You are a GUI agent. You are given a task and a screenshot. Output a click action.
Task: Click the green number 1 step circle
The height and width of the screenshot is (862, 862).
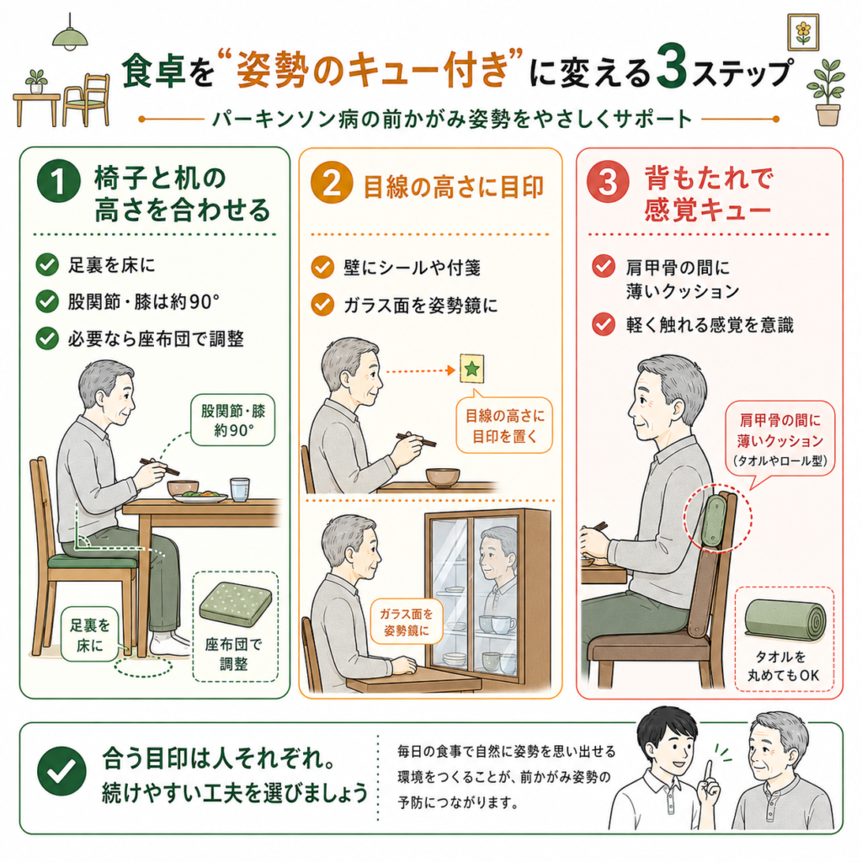[x=59, y=181]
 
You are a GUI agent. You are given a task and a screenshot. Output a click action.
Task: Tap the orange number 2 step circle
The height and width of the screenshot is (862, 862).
[x=332, y=182]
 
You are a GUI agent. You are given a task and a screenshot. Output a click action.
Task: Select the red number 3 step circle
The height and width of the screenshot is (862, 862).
[x=608, y=181]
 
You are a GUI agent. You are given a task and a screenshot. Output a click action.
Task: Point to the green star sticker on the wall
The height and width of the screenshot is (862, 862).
[x=471, y=369]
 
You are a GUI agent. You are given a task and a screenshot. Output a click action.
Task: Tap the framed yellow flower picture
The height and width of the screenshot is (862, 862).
[x=803, y=32]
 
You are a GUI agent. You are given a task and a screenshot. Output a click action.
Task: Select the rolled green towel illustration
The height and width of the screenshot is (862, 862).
[x=785, y=620]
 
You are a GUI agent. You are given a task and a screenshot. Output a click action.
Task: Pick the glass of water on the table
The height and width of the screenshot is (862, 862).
[x=240, y=489]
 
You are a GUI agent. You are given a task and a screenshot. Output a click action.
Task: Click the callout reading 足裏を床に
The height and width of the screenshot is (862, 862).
[x=89, y=634]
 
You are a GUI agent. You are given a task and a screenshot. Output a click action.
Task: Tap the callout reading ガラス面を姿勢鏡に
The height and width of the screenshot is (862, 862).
[x=407, y=621]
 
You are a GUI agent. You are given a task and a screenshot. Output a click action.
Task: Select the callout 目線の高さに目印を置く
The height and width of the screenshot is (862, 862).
[x=504, y=425]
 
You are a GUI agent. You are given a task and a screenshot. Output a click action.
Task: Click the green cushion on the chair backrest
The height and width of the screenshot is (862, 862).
[x=714, y=521]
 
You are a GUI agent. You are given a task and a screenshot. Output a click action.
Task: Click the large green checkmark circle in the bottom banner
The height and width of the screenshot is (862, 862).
[x=61, y=771]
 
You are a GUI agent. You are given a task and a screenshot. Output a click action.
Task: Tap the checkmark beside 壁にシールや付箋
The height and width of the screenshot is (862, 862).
[x=322, y=268]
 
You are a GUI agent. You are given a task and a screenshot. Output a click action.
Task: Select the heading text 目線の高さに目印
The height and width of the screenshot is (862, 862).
[x=453, y=187]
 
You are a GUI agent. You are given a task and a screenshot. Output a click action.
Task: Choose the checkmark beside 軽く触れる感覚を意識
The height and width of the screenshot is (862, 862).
[x=603, y=324]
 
